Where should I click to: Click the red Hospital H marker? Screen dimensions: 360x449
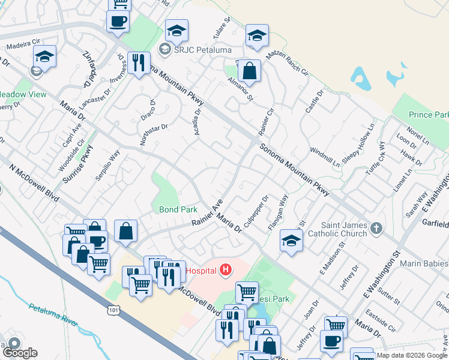(225, 271)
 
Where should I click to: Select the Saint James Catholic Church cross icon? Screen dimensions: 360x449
(376, 228)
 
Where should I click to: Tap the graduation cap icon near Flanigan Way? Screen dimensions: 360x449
(291, 241)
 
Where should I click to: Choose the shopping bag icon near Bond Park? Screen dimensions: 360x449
(125, 230)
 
